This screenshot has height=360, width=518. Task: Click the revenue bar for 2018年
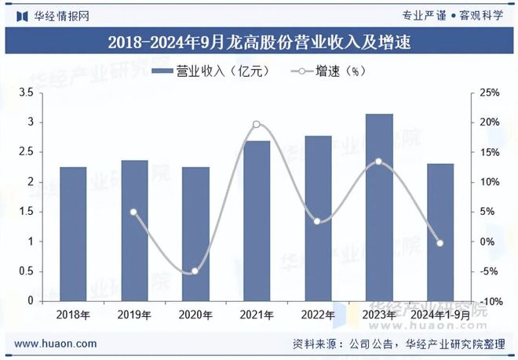pos(73,234)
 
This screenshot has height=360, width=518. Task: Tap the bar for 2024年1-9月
pos(440,232)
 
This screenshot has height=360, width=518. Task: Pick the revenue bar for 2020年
pos(195,234)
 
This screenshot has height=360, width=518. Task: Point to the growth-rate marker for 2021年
pos(257,124)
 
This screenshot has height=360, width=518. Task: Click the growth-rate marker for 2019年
pos(133,212)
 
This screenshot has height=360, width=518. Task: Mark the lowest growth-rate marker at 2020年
pos(195,271)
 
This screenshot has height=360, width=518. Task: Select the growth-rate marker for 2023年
pos(379,162)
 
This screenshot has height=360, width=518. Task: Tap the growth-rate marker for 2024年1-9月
pos(440,243)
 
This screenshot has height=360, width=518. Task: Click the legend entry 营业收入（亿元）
pos(210,71)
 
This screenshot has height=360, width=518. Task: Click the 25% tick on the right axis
pos(490,93)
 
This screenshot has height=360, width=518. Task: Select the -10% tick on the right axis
pos(490,302)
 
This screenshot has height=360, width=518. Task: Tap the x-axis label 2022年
pos(318,315)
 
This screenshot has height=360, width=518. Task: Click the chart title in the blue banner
pos(259,41)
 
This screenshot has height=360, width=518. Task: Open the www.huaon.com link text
pos(56,344)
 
